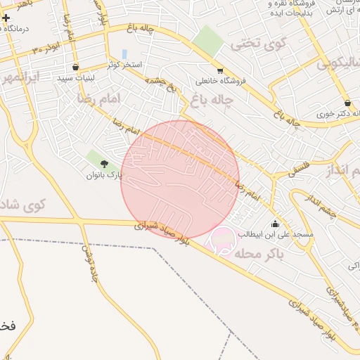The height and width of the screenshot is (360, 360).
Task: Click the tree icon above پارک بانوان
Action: tap(99, 165)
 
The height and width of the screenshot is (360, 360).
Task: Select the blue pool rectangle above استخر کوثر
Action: tap(124, 54)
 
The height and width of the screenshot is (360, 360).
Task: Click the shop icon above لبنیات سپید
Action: tap(75, 67)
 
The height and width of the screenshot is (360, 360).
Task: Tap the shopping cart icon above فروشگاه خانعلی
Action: tap(220, 70)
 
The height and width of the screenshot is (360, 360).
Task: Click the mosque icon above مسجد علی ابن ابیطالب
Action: tap(274, 224)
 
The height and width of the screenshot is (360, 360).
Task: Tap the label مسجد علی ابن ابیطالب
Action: tap(279, 234)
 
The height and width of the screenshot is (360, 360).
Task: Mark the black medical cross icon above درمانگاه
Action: tap(6, 17)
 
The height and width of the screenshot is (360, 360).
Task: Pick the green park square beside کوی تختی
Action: tap(208, 40)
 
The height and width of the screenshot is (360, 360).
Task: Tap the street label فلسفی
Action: tap(299, 168)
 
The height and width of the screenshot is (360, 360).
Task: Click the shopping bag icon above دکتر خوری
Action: tap(347, 103)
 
